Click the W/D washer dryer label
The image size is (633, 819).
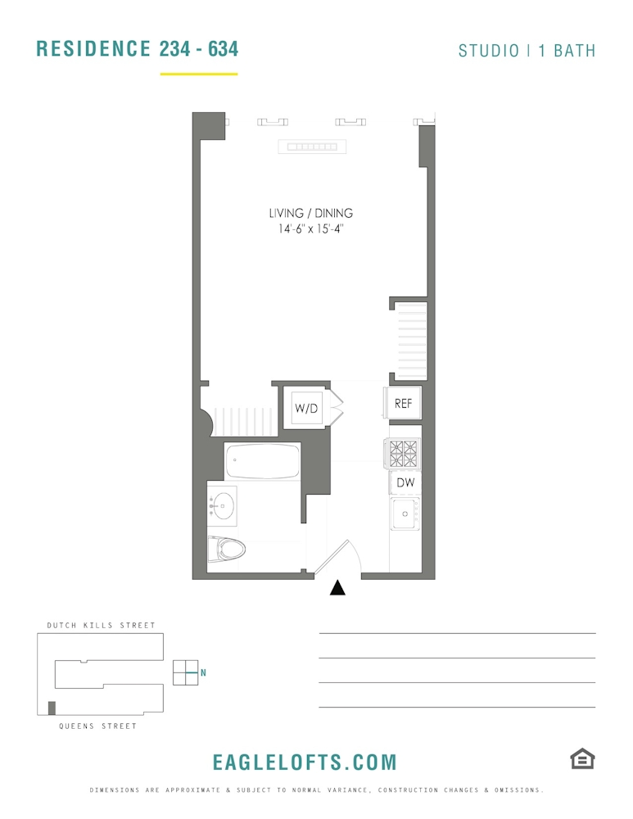[x=306, y=408]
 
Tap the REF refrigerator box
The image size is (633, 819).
[x=403, y=403]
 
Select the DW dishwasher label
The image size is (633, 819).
[x=405, y=482]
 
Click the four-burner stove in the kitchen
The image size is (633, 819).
[x=404, y=453]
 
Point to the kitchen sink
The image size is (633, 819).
[x=405, y=514]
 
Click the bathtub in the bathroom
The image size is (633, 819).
[x=263, y=460]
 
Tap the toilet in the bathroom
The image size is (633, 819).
[x=226, y=550]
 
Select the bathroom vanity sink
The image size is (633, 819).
[x=223, y=505]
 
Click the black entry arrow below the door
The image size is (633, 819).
[x=337, y=588]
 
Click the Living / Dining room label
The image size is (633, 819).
[x=310, y=213]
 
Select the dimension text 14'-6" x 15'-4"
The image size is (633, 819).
[x=310, y=229]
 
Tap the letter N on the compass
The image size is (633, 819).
[x=203, y=672]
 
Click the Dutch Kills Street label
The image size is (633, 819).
[x=102, y=625]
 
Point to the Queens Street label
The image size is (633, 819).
[x=97, y=726]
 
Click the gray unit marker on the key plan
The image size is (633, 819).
[x=52, y=708]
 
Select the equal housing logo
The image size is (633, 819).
[x=582, y=759]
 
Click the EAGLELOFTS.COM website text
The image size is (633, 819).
[x=305, y=762]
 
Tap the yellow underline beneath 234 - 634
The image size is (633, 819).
[x=199, y=75]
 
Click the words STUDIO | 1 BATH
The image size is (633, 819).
[x=527, y=51]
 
